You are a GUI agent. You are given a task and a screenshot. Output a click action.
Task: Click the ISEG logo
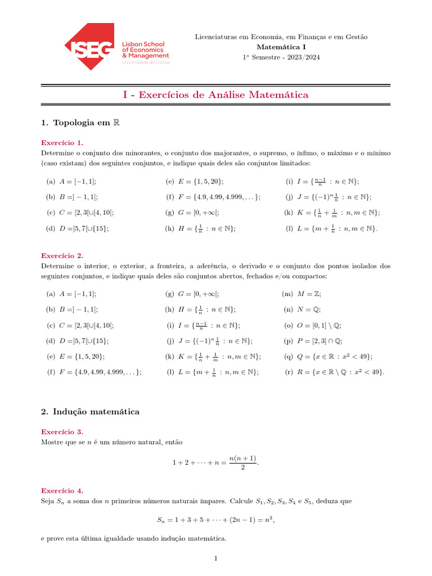click(116, 47)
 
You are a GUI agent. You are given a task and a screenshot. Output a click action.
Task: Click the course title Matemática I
click(281, 47)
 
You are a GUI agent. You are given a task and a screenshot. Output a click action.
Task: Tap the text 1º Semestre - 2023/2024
click(281, 57)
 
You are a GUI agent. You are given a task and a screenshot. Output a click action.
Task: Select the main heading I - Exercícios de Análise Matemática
click(215, 95)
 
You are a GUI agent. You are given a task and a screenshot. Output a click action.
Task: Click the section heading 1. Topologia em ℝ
click(81, 123)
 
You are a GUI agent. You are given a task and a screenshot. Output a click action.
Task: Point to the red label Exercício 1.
click(62, 143)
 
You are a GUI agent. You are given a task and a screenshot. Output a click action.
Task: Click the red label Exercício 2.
click(62, 255)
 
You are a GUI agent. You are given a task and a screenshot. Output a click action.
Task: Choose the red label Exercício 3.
click(62, 431)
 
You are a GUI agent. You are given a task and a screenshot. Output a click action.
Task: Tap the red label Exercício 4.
click(62, 490)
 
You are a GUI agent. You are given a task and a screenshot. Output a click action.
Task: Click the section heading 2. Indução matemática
click(90, 412)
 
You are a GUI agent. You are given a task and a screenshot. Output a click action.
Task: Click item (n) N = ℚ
click(302, 309)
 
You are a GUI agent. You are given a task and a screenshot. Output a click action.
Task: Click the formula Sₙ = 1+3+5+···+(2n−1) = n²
click(215, 520)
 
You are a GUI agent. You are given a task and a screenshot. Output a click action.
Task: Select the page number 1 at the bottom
click(215, 559)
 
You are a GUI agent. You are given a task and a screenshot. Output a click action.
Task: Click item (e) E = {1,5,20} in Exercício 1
click(195, 181)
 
